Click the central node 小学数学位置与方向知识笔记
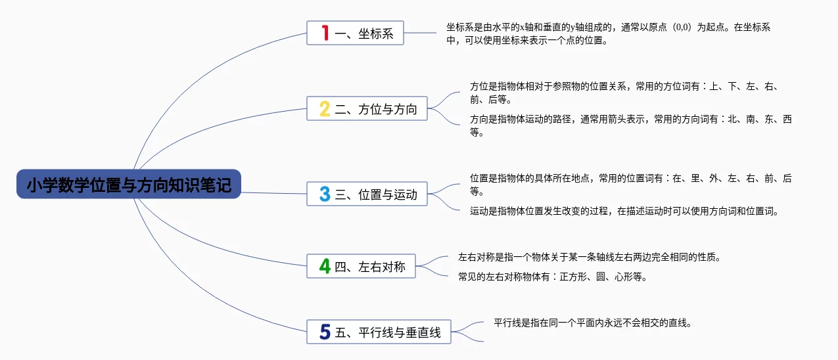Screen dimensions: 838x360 (x=129, y=184)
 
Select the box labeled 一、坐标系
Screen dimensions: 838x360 (x=355, y=33)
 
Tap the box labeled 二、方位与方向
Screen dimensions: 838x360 (x=367, y=108)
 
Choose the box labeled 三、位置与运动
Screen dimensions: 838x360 (x=367, y=194)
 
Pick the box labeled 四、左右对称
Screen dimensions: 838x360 (x=361, y=266)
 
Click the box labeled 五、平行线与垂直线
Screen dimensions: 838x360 (x=379, y=332)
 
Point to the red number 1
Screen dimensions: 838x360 (x=325, y=33)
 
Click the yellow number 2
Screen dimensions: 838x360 (x=325, y=109)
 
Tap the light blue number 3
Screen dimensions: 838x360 (x=325, y=194)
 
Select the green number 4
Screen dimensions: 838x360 (x=325, y=267)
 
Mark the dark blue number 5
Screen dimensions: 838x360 (x=325, y=332)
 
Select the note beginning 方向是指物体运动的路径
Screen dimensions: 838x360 (x=631, y=125)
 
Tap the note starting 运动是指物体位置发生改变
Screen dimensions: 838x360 (x=624, y=212)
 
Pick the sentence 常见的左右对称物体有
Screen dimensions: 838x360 (x=553, y=277)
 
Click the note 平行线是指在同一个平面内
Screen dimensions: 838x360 (x=593, y=323)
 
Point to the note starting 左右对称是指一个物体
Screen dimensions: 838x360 (x=590, y=258)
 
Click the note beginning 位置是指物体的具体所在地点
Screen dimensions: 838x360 (x=631, y=185)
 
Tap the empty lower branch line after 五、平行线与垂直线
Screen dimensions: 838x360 (x=467, y=337)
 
